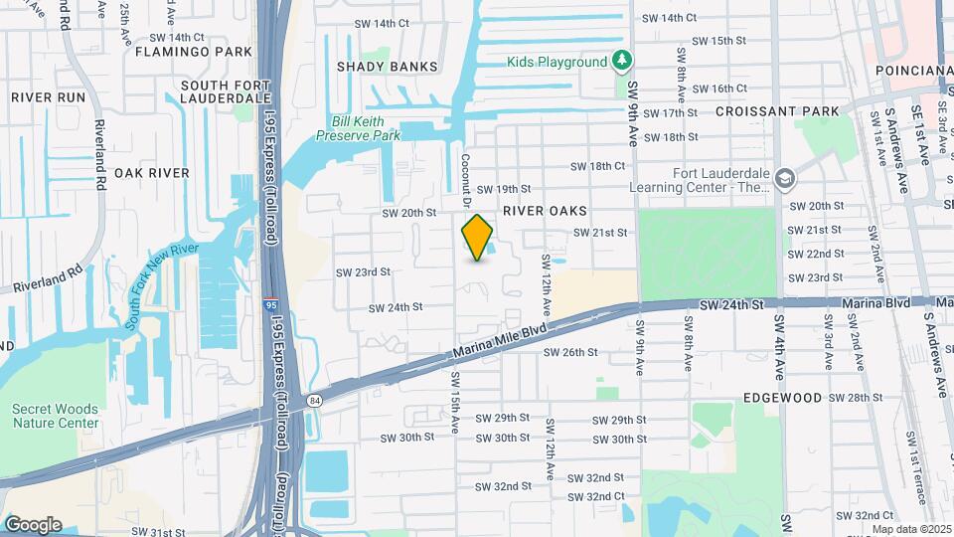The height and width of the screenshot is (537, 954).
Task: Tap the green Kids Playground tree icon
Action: point(623,62)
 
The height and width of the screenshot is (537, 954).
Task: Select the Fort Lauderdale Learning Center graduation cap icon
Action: point(785,179)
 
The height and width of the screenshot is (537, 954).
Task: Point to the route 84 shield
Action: point(314,401)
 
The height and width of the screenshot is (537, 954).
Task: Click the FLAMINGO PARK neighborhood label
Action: point(194,51)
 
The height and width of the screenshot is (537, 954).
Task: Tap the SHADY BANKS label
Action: point(388,67)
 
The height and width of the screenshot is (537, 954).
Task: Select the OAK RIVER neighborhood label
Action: point(152,173)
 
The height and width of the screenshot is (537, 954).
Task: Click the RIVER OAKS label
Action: point(545,211)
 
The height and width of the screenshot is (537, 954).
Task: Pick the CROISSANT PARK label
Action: point(791,112)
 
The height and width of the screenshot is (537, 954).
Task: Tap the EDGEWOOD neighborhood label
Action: point(783,398)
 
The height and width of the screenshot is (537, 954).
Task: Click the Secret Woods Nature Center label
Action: point(56,416)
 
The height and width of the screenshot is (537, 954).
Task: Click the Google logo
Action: point(33,525)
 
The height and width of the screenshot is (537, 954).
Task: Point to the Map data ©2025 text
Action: point(910,529)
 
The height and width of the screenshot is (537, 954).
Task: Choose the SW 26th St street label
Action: point(570,352)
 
